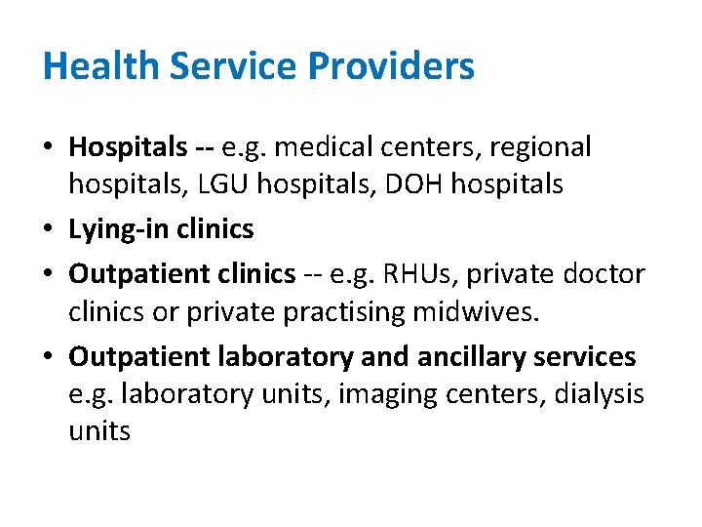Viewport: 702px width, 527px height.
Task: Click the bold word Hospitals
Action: pos(128,147)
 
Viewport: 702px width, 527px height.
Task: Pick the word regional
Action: pos(540,147)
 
